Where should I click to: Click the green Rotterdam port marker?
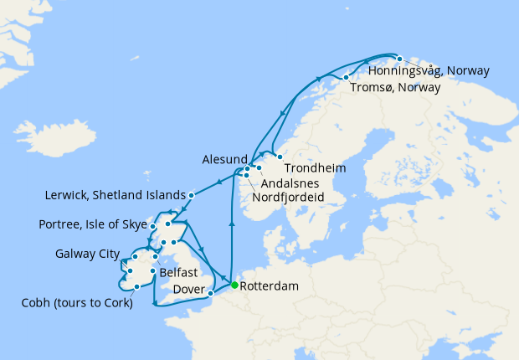click(x=234, y=285)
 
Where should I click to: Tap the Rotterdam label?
click(x=270, y=286)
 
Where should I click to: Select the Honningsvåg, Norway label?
click(x=440, y=72)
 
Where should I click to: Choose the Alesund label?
click(x=224, y=159)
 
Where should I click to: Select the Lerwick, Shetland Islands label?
click(x=114, y=196)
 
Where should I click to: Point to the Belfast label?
click(x=179, y=273)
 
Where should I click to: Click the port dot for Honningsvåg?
click(x=400, y=59)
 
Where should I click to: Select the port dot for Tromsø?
click(x=346, y=78)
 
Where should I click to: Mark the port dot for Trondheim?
click(x=280, y=157)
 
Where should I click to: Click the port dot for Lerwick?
click(x=192, y=195)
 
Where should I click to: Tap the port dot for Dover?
click(x=211, y=293)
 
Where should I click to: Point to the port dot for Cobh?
click(x=136, y=287)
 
